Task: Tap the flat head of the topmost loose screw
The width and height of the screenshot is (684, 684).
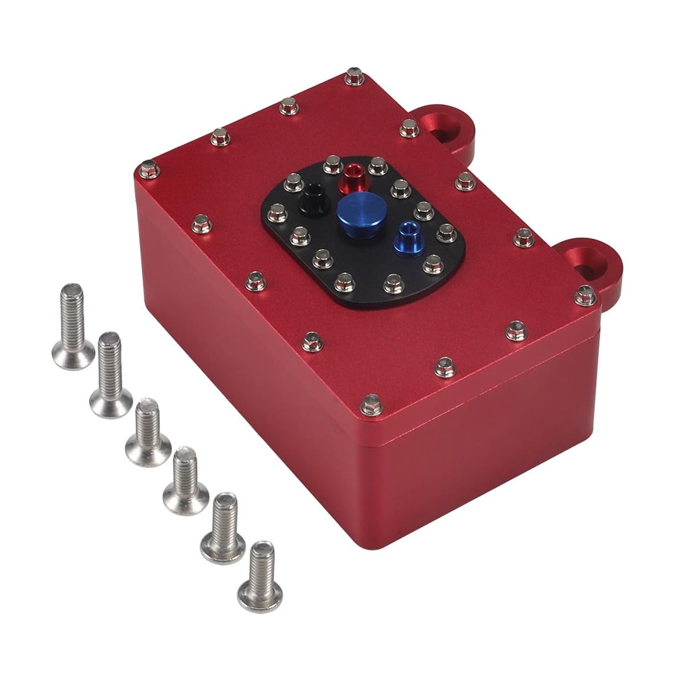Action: click(62, 347)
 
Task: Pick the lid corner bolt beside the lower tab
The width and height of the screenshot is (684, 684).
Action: click(583, 291)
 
